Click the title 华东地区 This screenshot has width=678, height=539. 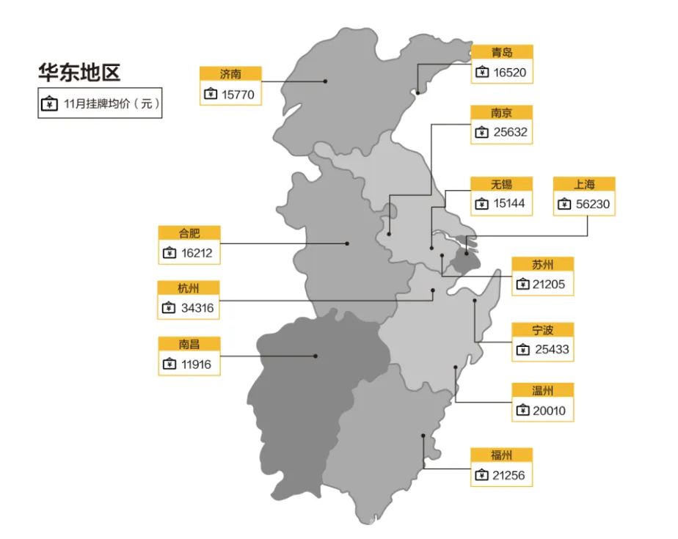(x=79, y=72)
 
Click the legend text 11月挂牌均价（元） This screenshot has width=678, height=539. (x=107, y=104)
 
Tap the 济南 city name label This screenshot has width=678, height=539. (x=230, y=73)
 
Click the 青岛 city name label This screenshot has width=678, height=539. (x=502, y=52)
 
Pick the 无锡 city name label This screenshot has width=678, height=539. (x=502, y=183)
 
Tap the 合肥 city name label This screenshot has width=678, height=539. (x=189, y=233)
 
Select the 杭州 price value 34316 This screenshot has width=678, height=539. (x=197, y=308)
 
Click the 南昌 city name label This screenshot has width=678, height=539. (x=189, y=343)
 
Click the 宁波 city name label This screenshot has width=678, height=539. (x=543, y=330)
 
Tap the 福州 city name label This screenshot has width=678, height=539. (x=502, y=455)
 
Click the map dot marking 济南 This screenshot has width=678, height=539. (x=324, y=81)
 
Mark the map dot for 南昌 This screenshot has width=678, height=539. (x=316, y=356)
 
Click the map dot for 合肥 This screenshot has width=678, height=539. (x=348, y=243)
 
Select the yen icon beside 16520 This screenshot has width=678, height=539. (x=482, y=73)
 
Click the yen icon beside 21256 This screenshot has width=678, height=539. (x=482, y=475)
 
